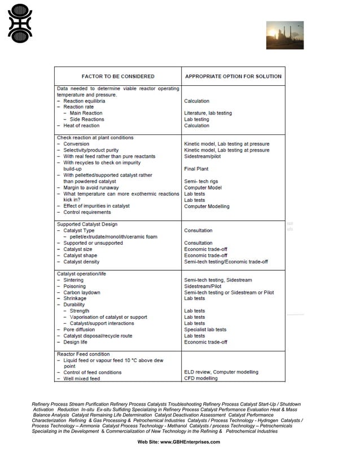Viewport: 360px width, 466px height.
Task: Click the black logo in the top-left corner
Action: [x=20, y=24]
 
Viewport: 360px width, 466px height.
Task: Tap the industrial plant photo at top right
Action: [x=284, y=36]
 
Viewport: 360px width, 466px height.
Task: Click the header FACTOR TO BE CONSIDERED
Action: [x=118, y=76]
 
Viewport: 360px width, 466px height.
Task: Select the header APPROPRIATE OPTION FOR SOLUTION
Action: [x=232, y=76]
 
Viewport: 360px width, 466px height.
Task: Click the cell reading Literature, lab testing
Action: [x=208, y=113]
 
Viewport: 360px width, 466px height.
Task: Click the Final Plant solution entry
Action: [x=196, y=169]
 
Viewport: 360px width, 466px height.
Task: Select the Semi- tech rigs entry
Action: [x=201, y=181]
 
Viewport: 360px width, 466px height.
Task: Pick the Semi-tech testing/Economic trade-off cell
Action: [x=226, y=262]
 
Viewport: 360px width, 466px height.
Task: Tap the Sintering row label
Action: [x=73, y=280]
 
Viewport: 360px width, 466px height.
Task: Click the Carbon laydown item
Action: [x=82, y=292]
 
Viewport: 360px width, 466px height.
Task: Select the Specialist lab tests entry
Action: [x=205, y=329]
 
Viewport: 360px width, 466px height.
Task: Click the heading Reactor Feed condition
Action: [x=84, y=354]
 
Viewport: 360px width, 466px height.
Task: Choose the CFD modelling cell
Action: [x=200, y=379]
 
